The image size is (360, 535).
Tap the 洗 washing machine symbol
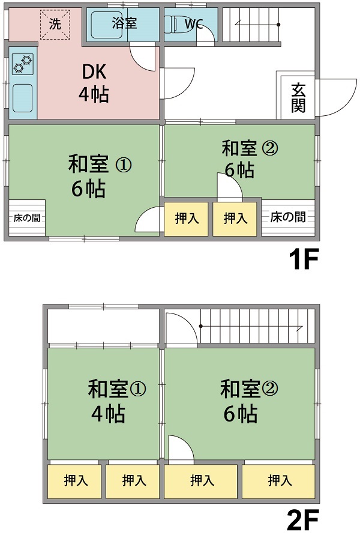click(55, 25)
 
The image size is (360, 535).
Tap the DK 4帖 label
click(94, 83)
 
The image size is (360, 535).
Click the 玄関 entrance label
click(298, 97)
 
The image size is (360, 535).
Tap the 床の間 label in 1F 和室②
click(287, 217)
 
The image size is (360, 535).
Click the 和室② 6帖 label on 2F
click(241, 400)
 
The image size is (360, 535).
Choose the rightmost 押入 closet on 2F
click(280, 480)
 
